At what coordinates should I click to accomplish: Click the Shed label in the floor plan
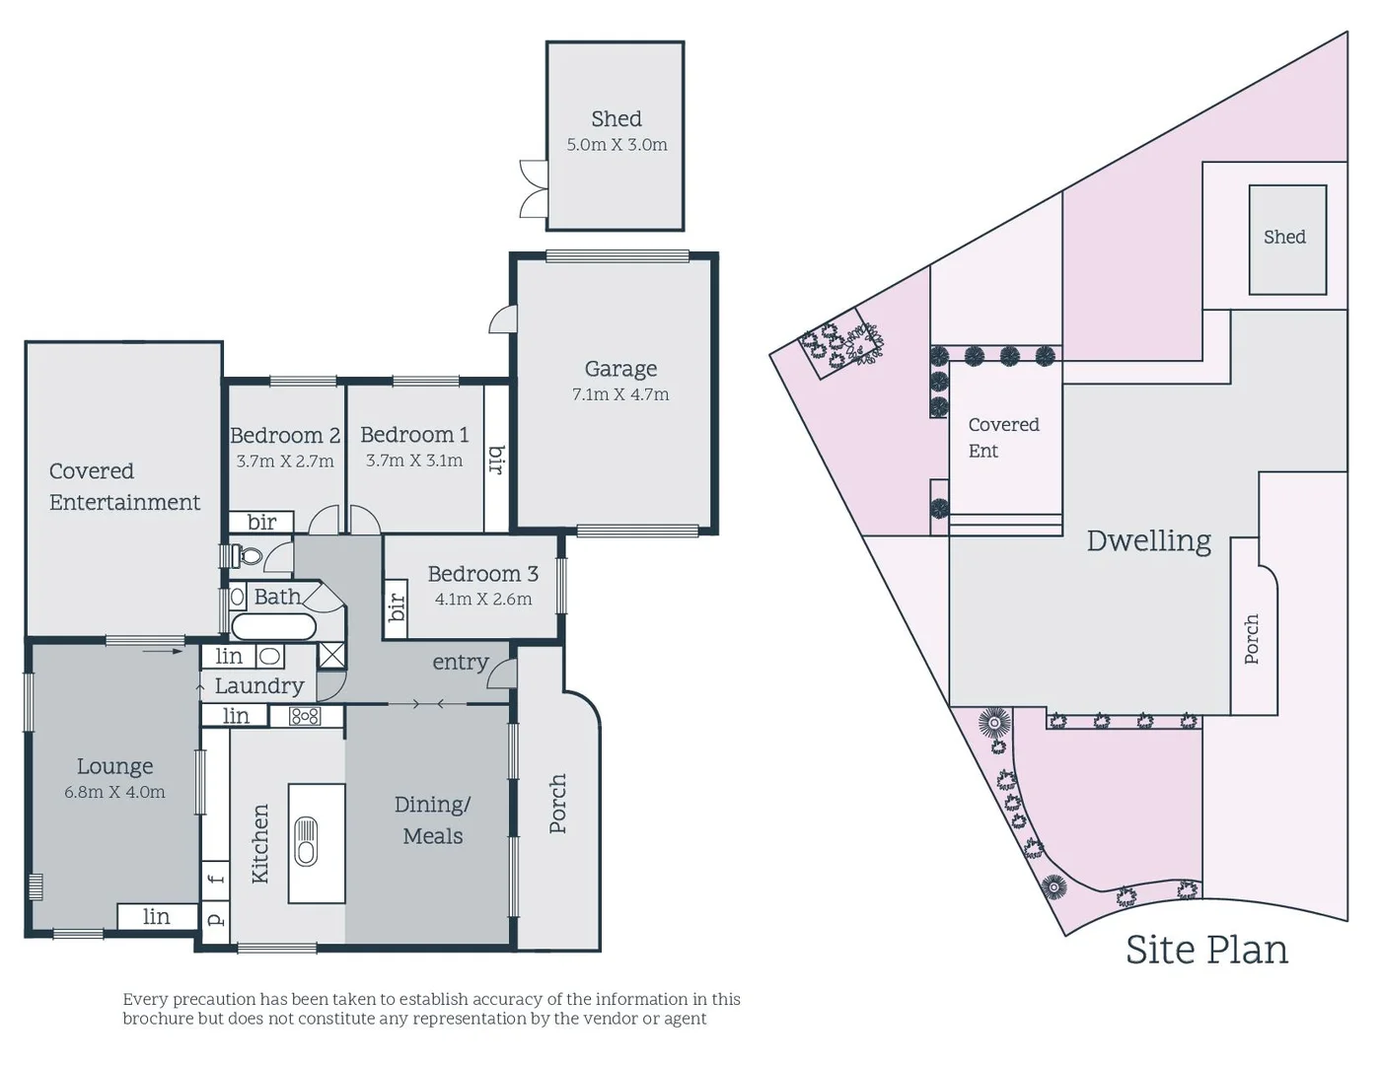click(x=617, y=119)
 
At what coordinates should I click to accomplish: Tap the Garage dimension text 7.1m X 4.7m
click(x=620, y=394)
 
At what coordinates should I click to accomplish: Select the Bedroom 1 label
click(x=414, y=435)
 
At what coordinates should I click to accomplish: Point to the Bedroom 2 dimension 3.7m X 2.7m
click(x=285, y=461)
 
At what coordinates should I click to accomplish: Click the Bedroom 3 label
click(x=482, y=574)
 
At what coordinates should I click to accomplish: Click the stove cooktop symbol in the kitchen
click(x=305, y=717)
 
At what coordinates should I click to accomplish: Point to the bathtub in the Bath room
click(x=273, y=626)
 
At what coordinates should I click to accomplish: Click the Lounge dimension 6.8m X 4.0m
click(x=114, y=792)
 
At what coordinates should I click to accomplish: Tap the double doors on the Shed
click(x=534, y=188)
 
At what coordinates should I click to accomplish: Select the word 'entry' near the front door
click(x=461, y=663)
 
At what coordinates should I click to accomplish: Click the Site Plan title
click(x=1206, y=950)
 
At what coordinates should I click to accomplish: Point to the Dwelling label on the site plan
click(x=1148, y=540)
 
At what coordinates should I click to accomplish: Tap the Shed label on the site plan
click(x=1284, y=237)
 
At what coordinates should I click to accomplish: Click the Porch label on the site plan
click(x=1252, y=639)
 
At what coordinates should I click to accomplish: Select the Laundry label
click(x=259, y=686)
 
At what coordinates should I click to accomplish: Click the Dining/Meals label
click(x=433, y=820)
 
